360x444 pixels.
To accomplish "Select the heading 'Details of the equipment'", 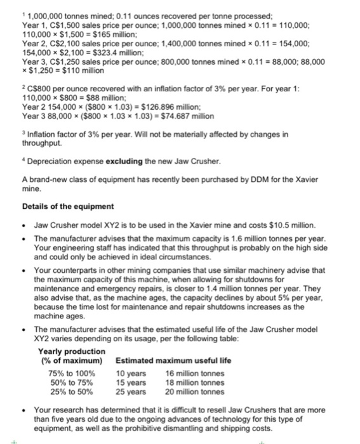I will (x=59, y=207).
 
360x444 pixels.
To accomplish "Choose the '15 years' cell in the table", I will (x=131, y=382).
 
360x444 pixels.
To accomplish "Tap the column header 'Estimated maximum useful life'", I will (x=173, y=360).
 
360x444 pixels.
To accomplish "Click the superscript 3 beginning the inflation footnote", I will (x=23, y=133).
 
